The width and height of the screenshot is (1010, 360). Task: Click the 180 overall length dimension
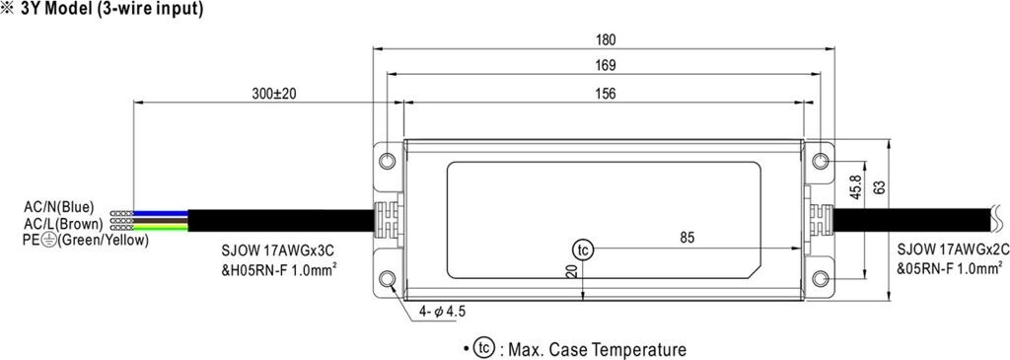[x=606, y=39]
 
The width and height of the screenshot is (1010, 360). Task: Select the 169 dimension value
[x=606, y=66]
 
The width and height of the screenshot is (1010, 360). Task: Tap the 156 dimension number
[x=606, y=94]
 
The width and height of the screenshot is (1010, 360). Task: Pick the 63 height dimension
[x=881, y=186]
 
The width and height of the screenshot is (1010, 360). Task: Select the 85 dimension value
[x=687, y=239]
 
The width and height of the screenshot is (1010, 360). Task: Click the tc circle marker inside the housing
[x=582, y=250]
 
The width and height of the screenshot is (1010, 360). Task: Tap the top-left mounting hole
[x=387, y=160]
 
